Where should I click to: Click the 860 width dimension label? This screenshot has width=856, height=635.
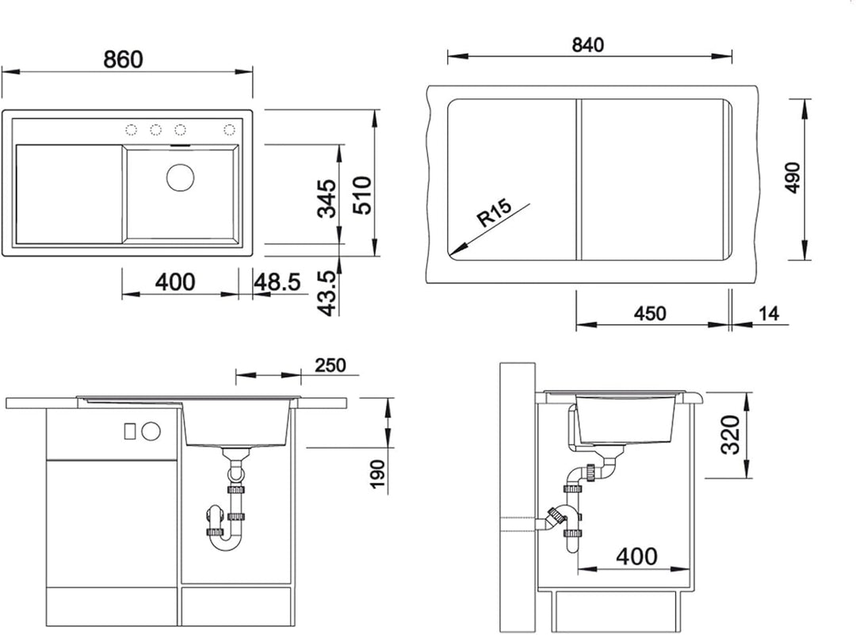tap(124, 59)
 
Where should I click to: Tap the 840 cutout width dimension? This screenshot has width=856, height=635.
tap(588, 44)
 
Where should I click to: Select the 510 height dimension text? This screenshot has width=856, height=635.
tap(362, 195)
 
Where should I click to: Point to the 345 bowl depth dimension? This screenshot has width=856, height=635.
tap(327, 199)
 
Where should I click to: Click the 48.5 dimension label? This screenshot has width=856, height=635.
tap(277, 281)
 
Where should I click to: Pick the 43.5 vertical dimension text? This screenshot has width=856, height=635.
tap(327, 293)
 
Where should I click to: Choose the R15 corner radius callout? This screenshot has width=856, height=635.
tap(495, 212)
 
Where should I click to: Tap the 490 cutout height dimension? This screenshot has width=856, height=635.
tap(793, 178)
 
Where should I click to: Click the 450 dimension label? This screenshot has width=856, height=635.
tap(650, 313)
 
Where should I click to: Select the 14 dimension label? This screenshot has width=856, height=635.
tap(769, 313)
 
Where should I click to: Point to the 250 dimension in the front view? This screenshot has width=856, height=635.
tap(331, 365)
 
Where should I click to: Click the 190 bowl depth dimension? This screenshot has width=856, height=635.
tap(376, 474)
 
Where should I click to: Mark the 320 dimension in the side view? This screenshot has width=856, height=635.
tap(731, 435)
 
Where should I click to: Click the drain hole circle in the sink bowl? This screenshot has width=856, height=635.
tap(180, 177)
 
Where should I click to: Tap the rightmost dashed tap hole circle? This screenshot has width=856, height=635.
tap(229, 129)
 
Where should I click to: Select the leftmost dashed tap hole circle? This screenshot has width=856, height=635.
tap(131, 129)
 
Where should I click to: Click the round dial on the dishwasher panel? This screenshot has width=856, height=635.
tap(151, 430)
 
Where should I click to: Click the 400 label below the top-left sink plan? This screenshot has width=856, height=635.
tap(175, 281)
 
